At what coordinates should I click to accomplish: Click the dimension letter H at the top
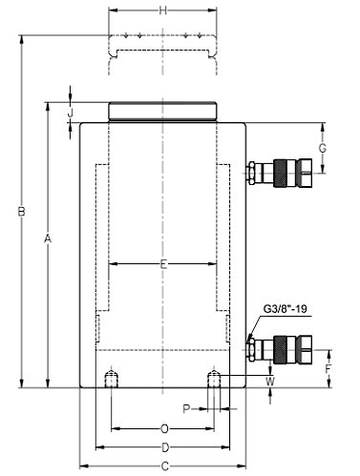(163, 10)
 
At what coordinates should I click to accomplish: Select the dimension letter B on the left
(21, 212)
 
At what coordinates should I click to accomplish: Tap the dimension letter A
(48, 238)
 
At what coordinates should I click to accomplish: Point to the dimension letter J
(71, 113)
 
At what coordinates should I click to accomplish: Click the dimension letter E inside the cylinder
(163, 264)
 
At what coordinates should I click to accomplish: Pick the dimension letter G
(323, 148)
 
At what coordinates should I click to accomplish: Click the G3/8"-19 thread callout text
(286, 309)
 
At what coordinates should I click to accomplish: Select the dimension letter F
(328, 369)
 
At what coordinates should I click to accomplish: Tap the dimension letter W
(270, 382)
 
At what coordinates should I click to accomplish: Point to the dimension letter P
(186, 409)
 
